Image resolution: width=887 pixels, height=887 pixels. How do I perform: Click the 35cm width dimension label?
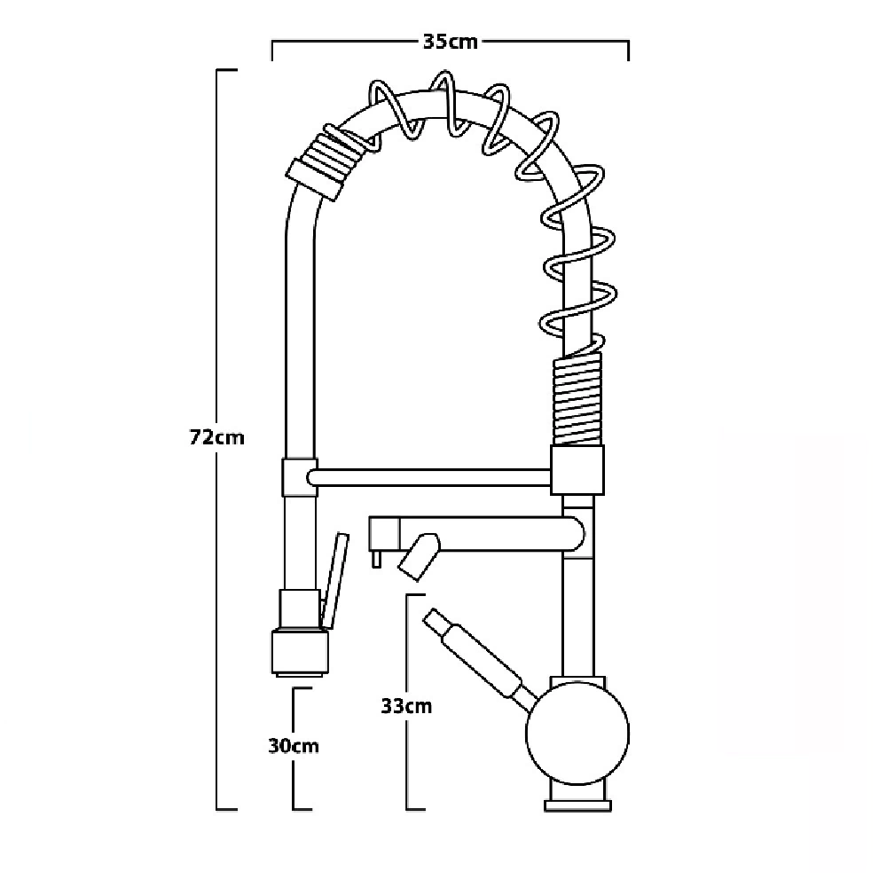point(451,42)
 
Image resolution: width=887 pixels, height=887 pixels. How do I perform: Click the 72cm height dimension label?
point(216,437)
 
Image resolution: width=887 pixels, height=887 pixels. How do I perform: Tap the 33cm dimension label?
point(406,706)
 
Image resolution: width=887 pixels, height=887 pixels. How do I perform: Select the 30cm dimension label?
point(294,746)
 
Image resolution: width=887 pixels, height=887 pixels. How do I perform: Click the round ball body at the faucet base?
point(577,734)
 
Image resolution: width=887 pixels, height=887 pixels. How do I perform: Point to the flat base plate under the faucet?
point(577,805)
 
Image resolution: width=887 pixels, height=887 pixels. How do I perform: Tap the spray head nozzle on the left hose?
point(301,653)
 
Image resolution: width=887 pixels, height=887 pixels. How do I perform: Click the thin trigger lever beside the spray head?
point(334,580)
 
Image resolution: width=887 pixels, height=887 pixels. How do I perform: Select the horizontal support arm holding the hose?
point(428,477)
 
